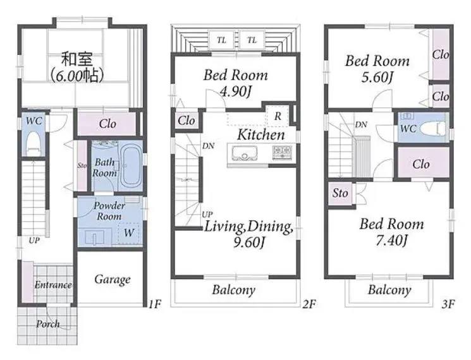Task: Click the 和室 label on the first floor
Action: pyautogui.click(x=77, y=59)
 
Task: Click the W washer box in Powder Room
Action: pyautogui.click(x=129, y=233)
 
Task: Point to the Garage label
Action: pyautogui.click(x=113, y=280)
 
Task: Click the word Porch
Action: pyautogui.click(x=48, y=324)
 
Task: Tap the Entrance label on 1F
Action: pyautogui.click(x=53, y=285)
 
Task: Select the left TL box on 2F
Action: pyautogui.click(x=221, y=40)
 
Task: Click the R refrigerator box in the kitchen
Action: pyautogui.click(x=278, y=116)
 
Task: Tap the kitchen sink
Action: pyautogui.click(x=245, y=153)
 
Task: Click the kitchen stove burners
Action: pyautogui.click(x=282, y=152)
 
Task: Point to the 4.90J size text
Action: pyautogui.click(x=235, y=91)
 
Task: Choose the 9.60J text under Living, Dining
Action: pyautogui.click(x=249, y=242)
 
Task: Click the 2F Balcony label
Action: pyautogui.click(x=234, y=290)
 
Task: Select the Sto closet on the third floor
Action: pyautogui.click(x=340, y=193)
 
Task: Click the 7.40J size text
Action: pyautogui.click(x=392, y=240)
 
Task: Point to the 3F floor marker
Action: pyautogui.click(x=448, y=304)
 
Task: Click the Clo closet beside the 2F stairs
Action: pyautogui.click(x=187, y=121)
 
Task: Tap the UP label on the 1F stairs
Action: pyautogui.click(x=34, y=241)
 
